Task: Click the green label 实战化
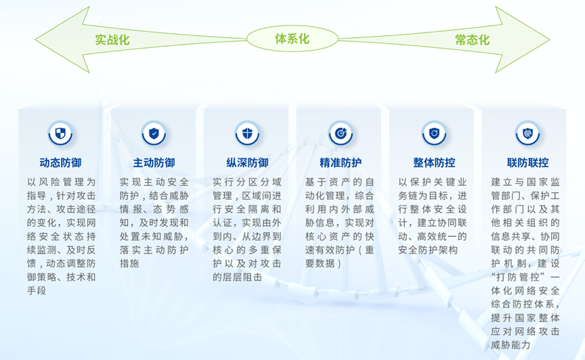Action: click(112, 39)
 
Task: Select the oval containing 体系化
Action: click(292, 39)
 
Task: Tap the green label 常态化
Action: click(472, 39)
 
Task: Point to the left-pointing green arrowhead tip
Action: click(35, 39)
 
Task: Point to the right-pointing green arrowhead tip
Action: click(549, 39)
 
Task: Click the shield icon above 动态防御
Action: click(60, 133)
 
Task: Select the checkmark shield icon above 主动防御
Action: click(154, 133)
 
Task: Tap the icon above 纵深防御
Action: click(247, 133)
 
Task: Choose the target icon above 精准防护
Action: click(341, 133)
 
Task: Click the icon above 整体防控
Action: click(434, 133)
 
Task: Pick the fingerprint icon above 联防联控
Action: click(527, 133)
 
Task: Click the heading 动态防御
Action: click(60, 162)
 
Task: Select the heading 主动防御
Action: click(154, 162)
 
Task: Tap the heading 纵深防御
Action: click(247, 162)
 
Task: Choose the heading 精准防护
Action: click(341, 162)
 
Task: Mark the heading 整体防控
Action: click(434, 162)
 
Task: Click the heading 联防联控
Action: click(527, 162)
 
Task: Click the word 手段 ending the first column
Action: click(37, 290)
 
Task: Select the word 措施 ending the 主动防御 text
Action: click(129, 263)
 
